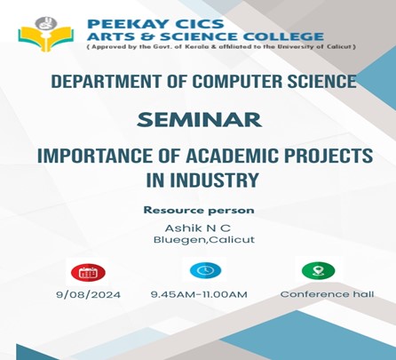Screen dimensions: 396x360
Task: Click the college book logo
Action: pos(45,34)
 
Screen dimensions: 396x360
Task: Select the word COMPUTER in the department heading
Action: pos(238,81)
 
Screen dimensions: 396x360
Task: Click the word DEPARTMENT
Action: pos(107,81)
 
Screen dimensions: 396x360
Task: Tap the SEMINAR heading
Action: pos(199,120)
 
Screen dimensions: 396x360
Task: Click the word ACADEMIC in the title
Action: pos(232,156)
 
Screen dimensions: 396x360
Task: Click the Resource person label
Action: pos(199,211)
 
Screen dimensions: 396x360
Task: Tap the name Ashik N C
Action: pos(198,228)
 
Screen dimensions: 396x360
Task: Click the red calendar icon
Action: pos(88,272)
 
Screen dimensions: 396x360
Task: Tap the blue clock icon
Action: pos(205,270)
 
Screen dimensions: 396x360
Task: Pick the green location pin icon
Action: pos(319,270)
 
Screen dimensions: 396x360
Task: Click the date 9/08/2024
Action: pos(89,295)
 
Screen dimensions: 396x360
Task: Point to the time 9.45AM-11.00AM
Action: pos(199,294)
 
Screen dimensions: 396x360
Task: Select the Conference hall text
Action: pos(327,294)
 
